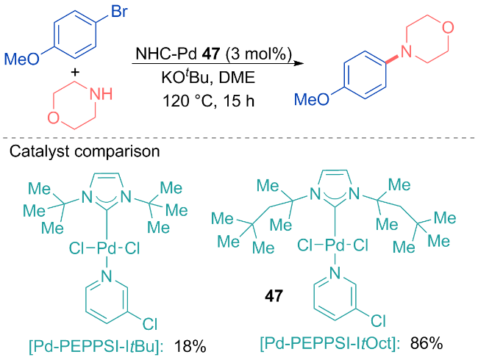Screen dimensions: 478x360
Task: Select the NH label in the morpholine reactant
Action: pyautogui.click(x=101, y=94)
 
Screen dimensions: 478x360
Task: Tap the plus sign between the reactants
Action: pyautogui.click(x=75, y=72)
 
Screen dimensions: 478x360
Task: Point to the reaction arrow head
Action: pyautogui.click(x=299, y=63)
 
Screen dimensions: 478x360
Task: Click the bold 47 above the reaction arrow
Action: pyautogui.click(x=211, y=54)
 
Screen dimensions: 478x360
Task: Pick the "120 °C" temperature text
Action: pyautogui.click(x=188, y=101)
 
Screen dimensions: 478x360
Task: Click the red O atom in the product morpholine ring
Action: pyautogui.click(x=448, y=28)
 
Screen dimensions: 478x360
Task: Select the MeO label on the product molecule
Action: pyautogui.click(x=312, y=99)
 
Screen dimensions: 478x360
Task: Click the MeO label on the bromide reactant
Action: pyautogui.click(x=21, y=59)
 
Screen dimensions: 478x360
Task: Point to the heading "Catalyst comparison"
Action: pyautogui.click(x=85, y=151)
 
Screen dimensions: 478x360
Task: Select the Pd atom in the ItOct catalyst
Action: pyautogui.click(x=335, y=245)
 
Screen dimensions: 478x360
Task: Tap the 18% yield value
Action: pyautogui.click(x=190, y=347)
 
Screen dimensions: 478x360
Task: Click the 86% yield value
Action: pyautogui.click(x=427, y=343)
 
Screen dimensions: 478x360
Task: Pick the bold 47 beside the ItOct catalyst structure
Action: pyautogui.click(x=274, y=296)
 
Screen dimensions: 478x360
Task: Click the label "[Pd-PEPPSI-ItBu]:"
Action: pyautogui.click(x=96, y=347)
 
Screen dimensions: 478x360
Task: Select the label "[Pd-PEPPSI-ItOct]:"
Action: pyautogui.click(x=330, y=344)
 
